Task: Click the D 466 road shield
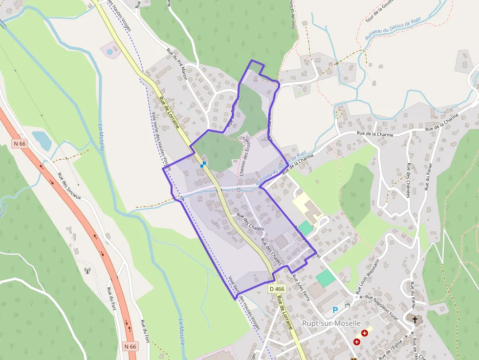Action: pos(277,289)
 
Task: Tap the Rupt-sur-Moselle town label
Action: pos(331,323)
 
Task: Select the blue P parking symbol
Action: pos(335,310)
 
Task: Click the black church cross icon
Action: pos(415,319)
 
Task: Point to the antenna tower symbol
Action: pos(87,270)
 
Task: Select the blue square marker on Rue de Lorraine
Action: pos(203,165)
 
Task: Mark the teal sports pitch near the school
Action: pos(305,228)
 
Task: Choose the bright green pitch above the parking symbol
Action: pos(326,278)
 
